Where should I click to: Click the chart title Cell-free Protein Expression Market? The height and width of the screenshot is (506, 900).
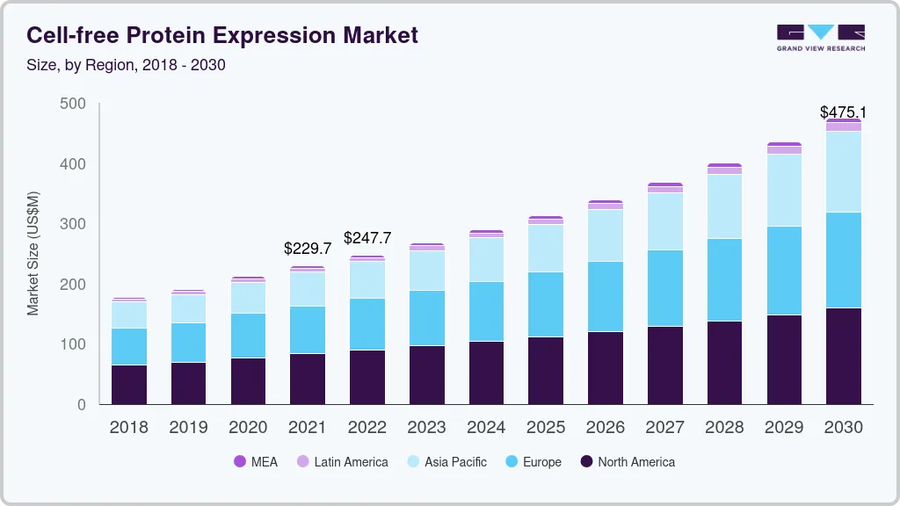[x=222, y=35]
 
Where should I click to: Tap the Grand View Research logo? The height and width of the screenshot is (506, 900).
[x=820, y=37]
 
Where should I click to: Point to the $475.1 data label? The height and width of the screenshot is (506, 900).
[x=843, y=112]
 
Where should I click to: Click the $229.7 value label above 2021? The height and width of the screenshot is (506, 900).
[x=308, y=249]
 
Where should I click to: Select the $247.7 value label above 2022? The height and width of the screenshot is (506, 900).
[x=367, y=238]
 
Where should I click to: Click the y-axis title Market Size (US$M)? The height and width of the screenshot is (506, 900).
[x=33, y=252]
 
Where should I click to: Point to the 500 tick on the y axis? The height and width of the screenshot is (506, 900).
[x=73, y=104]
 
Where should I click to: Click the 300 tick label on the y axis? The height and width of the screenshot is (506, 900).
[x=73, y=224]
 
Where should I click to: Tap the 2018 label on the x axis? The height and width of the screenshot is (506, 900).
[x=128, y=428]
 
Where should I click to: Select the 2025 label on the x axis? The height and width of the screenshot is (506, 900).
[x=546, y=428]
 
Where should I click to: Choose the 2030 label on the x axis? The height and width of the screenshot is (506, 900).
[x=843, y=428]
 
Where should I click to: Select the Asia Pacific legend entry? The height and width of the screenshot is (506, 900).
[x=446, y=462]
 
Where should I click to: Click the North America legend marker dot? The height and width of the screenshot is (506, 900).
[x=586, y=462]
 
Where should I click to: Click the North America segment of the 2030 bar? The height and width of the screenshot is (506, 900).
[x=843, y=356]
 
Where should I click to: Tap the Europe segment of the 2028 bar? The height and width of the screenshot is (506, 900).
[x=724, y=279]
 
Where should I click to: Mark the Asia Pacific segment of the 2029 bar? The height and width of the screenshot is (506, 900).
[x=784, y=190]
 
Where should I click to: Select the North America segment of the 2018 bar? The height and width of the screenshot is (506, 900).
[x=128, y=385]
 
